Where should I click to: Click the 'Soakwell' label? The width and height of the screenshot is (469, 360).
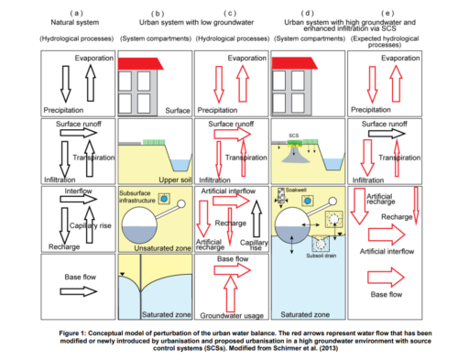click(x=295, y=191)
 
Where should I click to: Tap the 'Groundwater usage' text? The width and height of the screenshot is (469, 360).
click(x=233, y=316)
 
